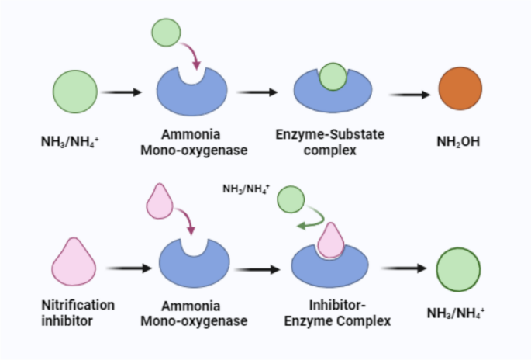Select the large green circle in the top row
[x=75, y=91]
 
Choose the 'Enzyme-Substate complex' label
[x=330, y=142]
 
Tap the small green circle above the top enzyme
[x=166, y=33]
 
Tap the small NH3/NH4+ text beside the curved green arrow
[x=246, y=189]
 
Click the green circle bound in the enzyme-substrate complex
[x=333, y=78]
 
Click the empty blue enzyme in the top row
[x=192, y=94]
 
